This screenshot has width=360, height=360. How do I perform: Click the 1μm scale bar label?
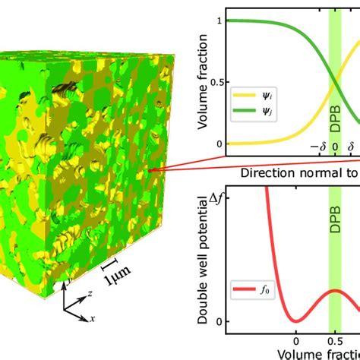click(x=116, y=279)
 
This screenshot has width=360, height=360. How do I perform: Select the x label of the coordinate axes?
click(x=93, y=319)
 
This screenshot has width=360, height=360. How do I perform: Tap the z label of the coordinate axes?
click(x=90, y=292)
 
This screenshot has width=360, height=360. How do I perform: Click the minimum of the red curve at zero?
click(x=296, y=321)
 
